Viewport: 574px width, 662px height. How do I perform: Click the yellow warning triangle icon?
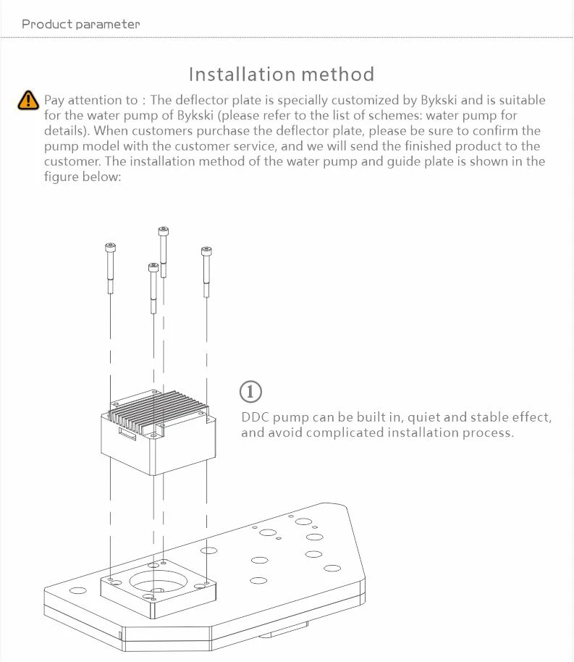click(28, 101)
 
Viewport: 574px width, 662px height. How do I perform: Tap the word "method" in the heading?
click(338, 74)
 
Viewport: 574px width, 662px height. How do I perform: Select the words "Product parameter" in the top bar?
click(80, 24)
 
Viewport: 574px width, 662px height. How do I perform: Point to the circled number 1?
click(250, 392)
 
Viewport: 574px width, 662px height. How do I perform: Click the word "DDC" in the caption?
click(254, 418)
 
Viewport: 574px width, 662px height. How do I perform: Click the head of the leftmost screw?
click(110, 248)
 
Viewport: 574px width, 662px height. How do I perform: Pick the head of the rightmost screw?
click(206, 252)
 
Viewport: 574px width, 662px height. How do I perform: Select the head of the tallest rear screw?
click(163, 232)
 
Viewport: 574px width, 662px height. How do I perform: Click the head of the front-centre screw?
click(153, 267)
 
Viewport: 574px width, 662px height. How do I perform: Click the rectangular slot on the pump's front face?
click(127, 437)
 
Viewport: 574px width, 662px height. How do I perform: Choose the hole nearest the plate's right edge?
click(332, 569)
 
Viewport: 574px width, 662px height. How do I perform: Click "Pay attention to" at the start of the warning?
click(90, 100)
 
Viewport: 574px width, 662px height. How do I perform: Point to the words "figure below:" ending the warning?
click(80, 176)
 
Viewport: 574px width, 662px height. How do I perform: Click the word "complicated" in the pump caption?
click(344, 433)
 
